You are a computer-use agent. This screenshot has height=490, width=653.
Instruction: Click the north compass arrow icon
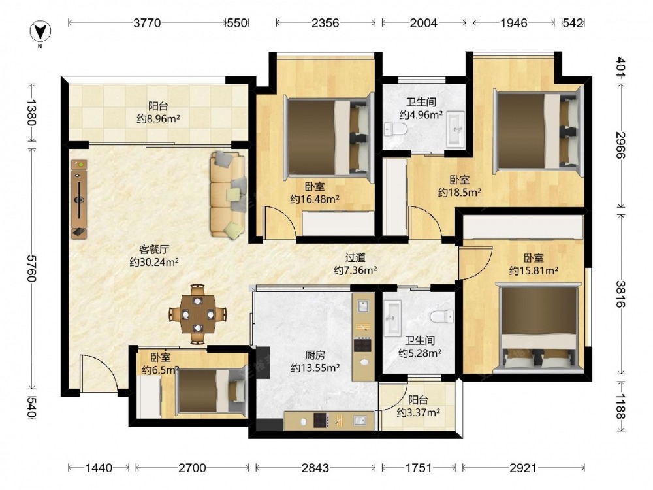coord(40,31)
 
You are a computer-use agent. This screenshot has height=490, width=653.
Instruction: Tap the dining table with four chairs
coord(198,314)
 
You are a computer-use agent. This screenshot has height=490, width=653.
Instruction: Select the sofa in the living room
coord(227,195)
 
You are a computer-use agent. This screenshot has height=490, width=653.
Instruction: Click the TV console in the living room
coord(79,199)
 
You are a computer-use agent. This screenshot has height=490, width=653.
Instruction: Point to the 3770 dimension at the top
coord(146,23)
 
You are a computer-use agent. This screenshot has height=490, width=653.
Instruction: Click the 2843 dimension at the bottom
coord(315,468)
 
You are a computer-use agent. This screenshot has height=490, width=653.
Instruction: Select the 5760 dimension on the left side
coord(32,269)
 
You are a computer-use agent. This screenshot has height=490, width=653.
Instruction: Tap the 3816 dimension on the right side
coord(620,294)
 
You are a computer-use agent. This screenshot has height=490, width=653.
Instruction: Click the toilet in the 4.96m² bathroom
coord(395,129)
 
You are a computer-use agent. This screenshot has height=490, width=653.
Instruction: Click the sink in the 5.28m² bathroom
coord(392,318)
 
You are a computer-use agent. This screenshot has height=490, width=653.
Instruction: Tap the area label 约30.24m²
coord(154,262)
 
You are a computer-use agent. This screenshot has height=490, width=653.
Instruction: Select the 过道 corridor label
coord(355,258)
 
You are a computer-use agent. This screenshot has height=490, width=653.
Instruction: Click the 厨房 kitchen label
coord(315,355)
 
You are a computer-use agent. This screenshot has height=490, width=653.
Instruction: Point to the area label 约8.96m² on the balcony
coord(158,119)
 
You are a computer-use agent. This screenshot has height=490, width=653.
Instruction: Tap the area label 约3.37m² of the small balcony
coord(419,413)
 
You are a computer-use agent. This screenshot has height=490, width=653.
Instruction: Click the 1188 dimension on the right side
coord(620,406)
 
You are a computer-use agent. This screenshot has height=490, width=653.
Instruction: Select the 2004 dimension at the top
coord(424,23)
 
